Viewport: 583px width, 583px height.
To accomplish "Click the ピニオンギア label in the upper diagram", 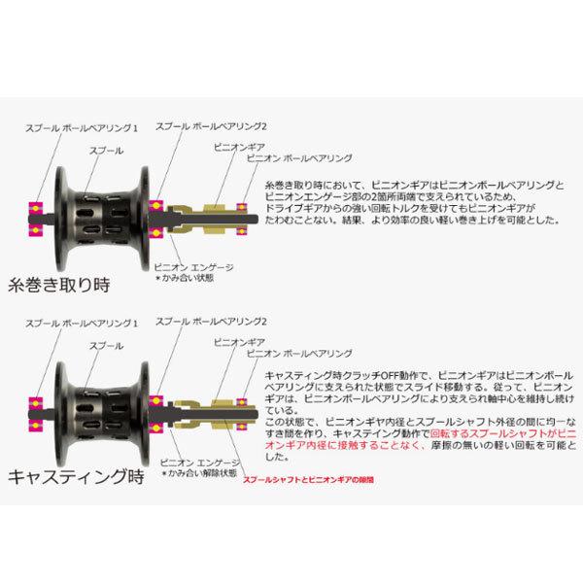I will click(229, 144).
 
